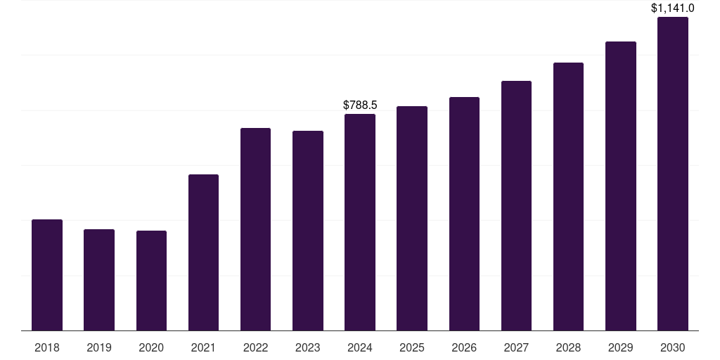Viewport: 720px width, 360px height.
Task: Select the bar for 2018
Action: click(x=47, y=275)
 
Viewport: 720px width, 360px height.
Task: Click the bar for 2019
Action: click(x=99, y=280)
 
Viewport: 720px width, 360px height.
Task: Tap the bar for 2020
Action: click(x=151, y=281)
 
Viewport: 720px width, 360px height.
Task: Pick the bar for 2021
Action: click(x=203, y=252)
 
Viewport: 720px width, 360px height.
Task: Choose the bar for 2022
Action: click(x=255, y=229)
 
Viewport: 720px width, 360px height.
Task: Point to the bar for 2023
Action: click(x=308, y=231)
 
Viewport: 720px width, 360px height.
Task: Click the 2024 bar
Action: click(x=360, y=222)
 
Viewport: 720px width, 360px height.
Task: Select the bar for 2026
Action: click(x=464, y=214)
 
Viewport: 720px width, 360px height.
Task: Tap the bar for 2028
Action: click(x=568, y=197)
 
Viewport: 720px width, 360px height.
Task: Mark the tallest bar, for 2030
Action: click(x=673, y=174)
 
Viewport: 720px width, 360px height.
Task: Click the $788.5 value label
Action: click(x=360, y=105)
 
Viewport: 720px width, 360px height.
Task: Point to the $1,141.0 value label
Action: click(x=673, y=8)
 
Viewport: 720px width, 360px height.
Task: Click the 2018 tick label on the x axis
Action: click(x=47, y=347)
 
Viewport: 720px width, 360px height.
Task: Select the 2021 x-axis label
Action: click(x=203, y=347)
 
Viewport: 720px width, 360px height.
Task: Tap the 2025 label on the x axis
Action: click(x=412, y=347)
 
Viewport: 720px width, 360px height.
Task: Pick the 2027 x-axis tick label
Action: click(x=516, y=347)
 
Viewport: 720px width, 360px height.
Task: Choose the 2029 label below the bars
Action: click(x=620, y=347)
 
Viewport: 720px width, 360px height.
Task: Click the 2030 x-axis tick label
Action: click(x=673, y=347)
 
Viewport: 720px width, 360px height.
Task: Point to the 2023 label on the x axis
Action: click(x=308, y=347)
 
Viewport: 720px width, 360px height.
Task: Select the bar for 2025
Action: click(x=412, y=218)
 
